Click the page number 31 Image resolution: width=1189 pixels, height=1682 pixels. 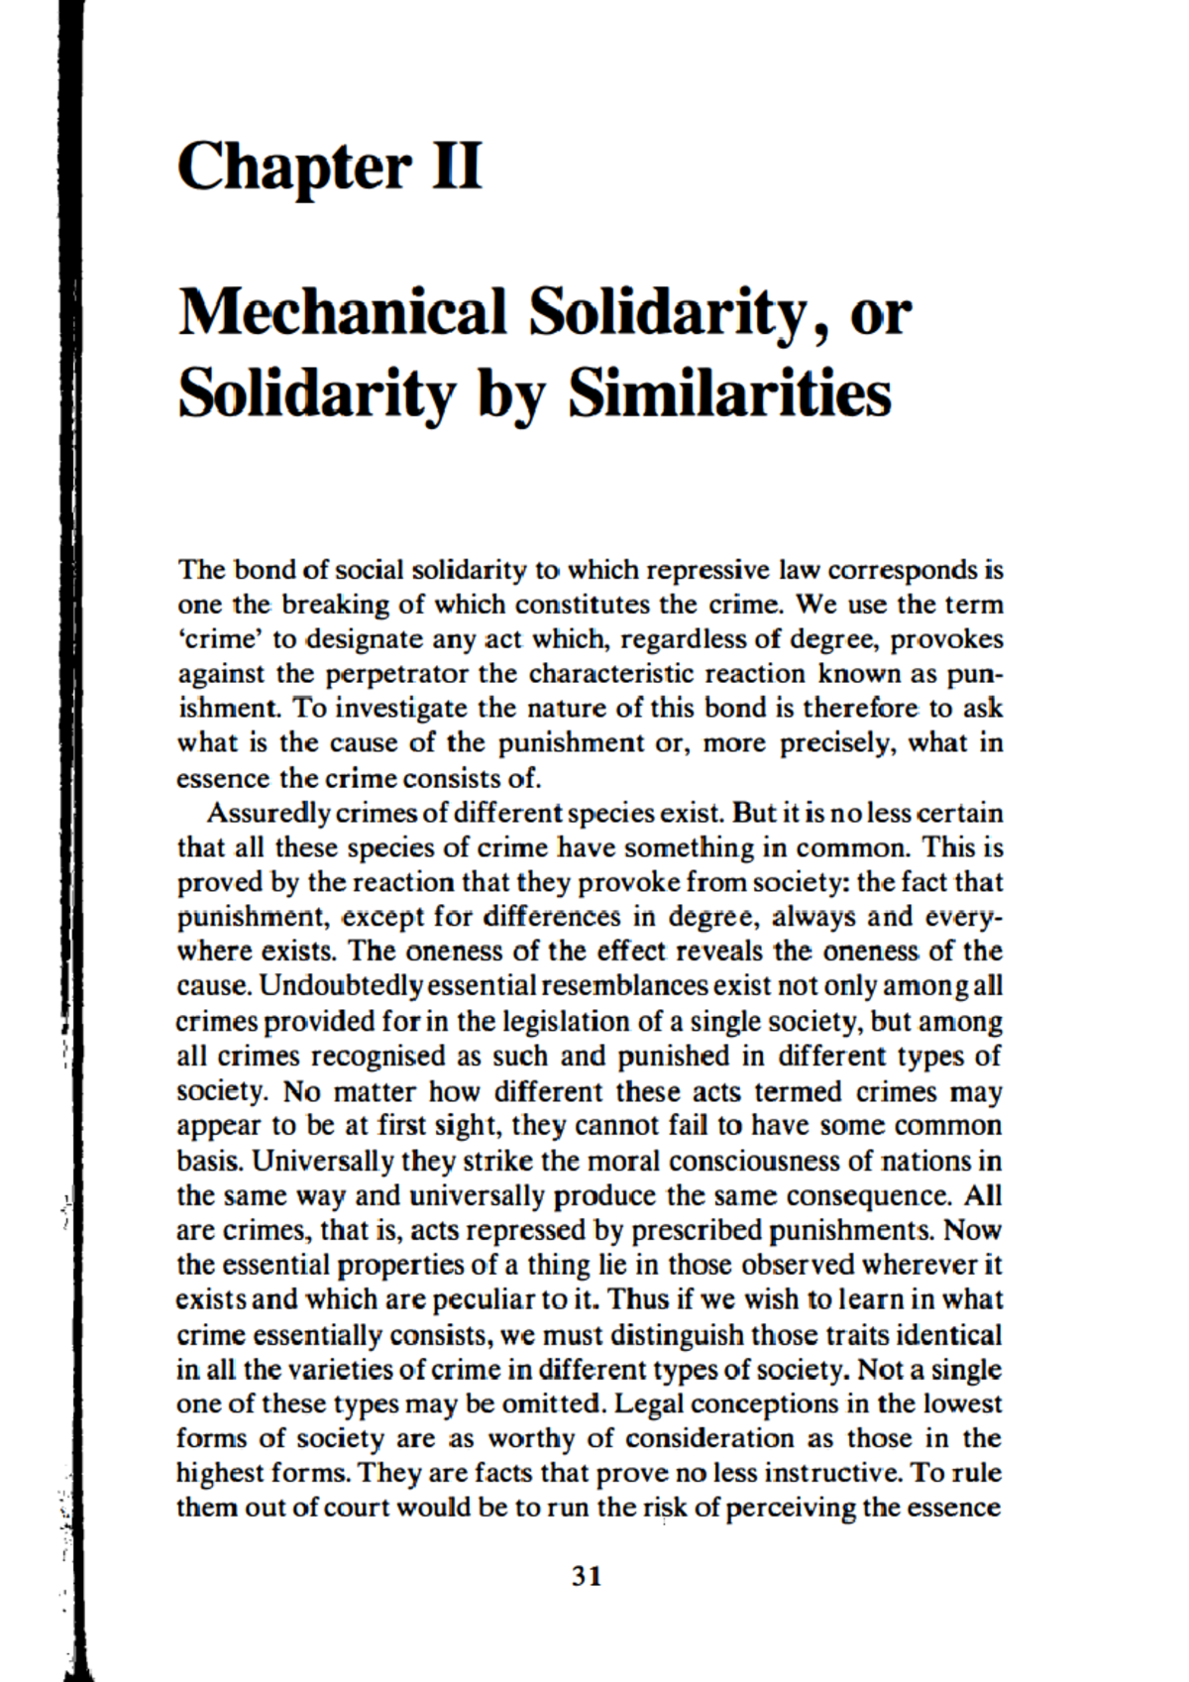[x=588, y=1576]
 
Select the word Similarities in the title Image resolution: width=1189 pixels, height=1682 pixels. [x=729, y=392]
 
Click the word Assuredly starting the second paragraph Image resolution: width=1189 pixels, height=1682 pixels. [x=269, y=814]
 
